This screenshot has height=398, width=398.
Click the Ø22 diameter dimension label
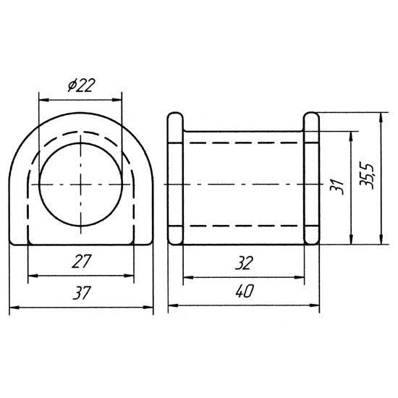pos(81,85)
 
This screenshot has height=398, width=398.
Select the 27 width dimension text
pos(81,261)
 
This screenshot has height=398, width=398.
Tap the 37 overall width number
pos(82,292)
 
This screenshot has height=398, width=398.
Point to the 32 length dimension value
pos(244,263)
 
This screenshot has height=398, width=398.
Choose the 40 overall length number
pos(244,291)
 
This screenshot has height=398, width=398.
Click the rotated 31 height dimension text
pos(336,187)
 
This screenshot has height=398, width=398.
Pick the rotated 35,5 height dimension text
pos(367,176)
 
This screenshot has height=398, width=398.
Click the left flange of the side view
pos(175,179)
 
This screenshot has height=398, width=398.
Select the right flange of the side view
pos(311,179)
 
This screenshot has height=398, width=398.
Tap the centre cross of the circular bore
pos(81,185)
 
